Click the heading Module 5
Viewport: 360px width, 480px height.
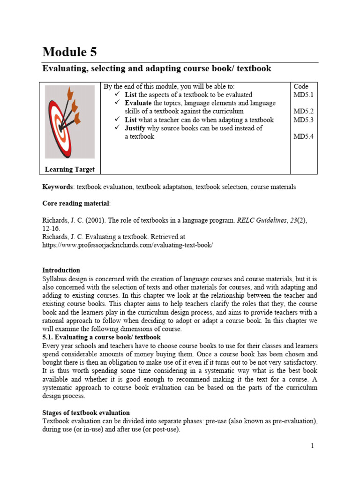click(70, 52)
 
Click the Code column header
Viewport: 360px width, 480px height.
click(301, 86)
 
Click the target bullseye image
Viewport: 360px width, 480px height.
click(69, 121)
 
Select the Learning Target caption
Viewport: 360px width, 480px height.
click(69, 169)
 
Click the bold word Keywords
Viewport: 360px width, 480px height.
click(58, 187)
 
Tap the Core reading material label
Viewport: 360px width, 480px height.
click(76, 203)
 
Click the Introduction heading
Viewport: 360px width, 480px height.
click(61, 270)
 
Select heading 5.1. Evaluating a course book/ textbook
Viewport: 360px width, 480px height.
click(102, 337)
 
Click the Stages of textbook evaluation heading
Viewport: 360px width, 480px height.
click(86, 412)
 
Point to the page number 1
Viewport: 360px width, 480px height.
click(312, 446)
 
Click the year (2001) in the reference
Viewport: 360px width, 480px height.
click(90, 220)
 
